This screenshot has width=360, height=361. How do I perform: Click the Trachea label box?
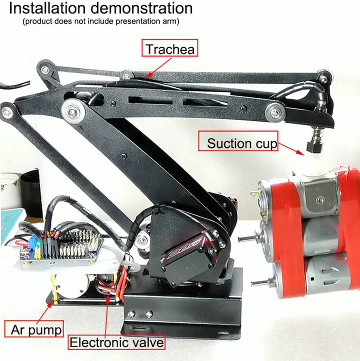(169, 49)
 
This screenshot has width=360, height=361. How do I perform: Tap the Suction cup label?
(241, 143)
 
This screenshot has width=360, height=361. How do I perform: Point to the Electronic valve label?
(116, 342)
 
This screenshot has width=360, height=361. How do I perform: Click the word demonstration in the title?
(144, 8)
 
